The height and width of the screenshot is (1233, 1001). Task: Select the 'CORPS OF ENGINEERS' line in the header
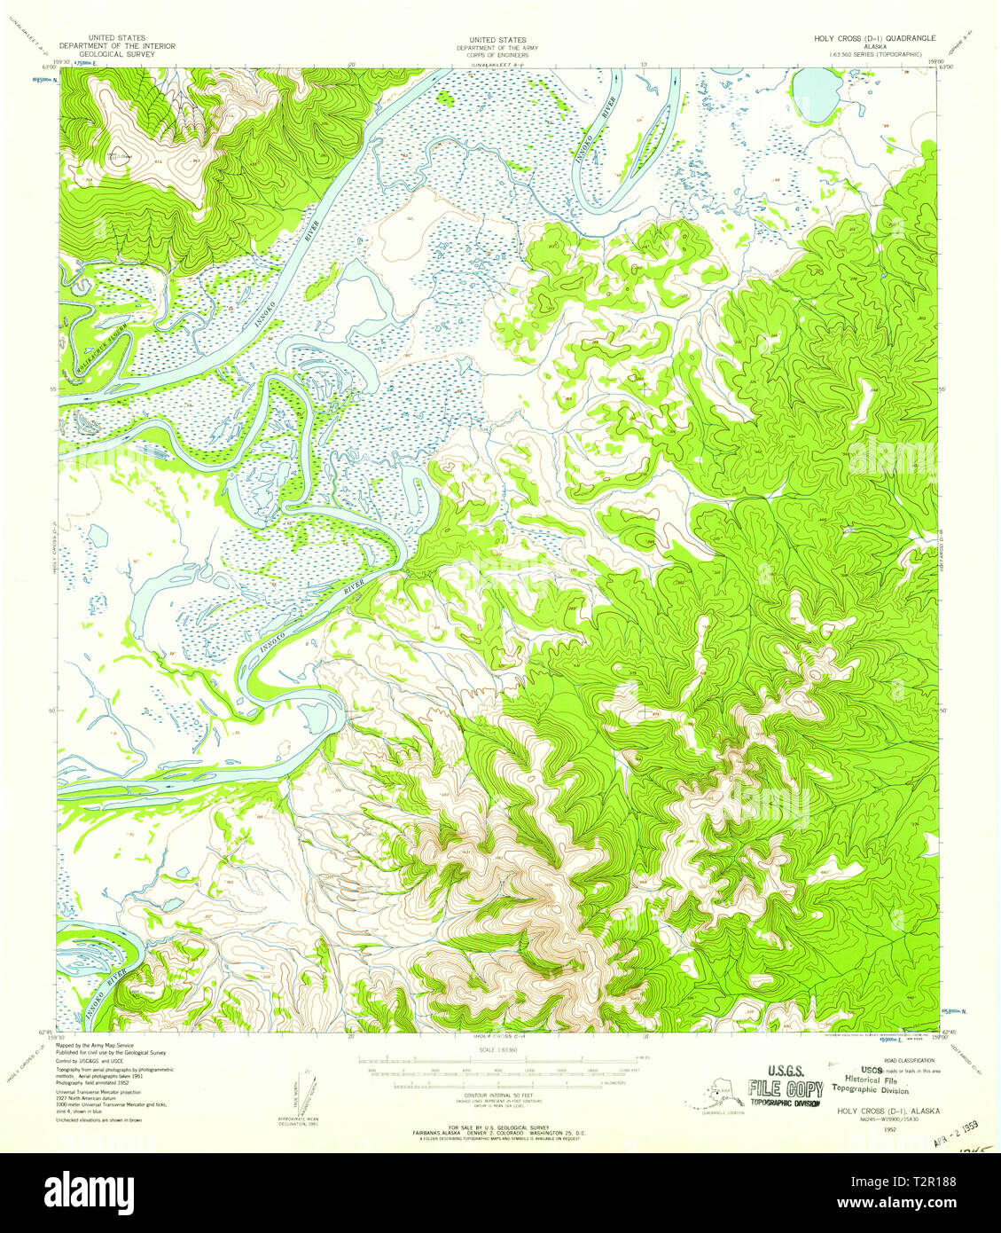(497, 54)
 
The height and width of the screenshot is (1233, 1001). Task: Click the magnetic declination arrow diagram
(300, 1094)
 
